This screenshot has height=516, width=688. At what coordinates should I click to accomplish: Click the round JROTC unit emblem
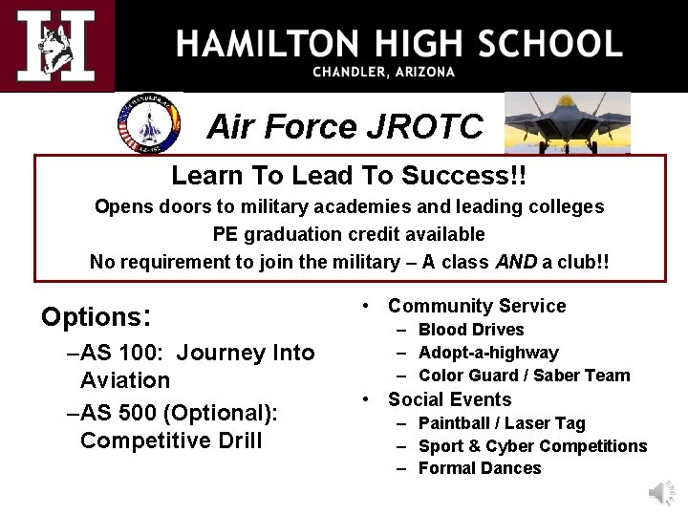[x=147, y=123]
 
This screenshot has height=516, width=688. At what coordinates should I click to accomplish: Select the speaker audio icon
[x=660, y=492]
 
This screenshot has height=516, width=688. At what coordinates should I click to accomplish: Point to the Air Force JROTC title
[x=345, y=126]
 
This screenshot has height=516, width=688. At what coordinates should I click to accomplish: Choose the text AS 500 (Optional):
[x=179, y=412]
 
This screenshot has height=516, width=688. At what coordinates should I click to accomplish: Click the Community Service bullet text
[x=477, y=306]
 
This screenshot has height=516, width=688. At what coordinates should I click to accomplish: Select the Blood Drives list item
[x=471, y=330]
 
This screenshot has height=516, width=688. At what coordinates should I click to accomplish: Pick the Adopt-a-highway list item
[x=488, y=353]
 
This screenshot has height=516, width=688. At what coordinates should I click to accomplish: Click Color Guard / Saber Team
[x=524, y=376]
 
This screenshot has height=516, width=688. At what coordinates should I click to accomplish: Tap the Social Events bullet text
[x=449, y=399]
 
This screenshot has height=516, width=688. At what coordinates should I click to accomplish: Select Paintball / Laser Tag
[x=502, y=423]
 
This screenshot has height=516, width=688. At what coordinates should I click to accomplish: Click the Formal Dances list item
[x=480, y=468]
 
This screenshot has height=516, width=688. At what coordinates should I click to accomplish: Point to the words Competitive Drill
[x=171, y=441]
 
